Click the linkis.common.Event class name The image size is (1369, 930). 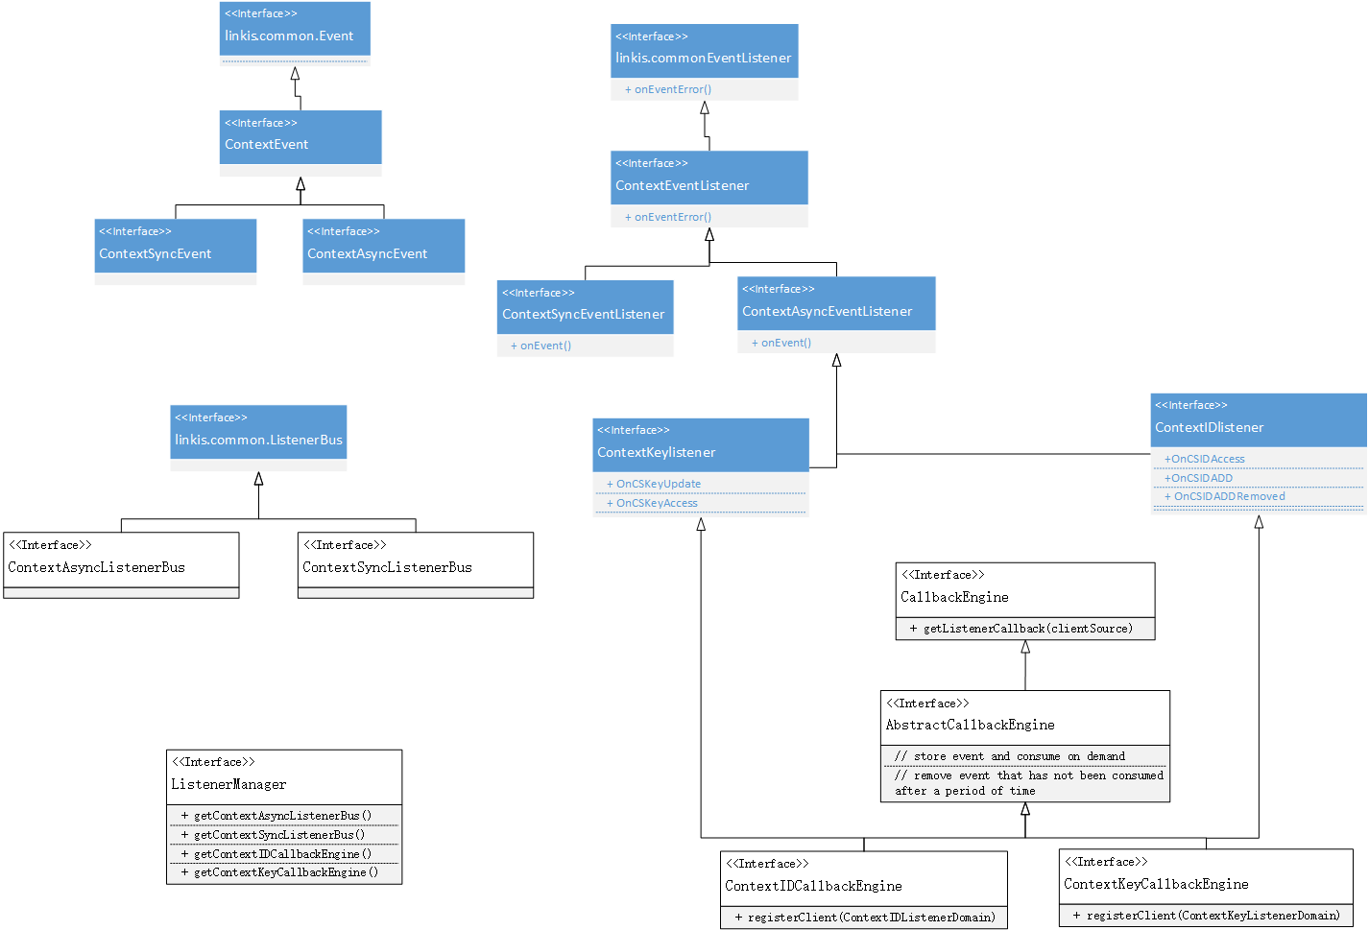[x=289, y=36]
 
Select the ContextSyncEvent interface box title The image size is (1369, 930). [x=155, y=253]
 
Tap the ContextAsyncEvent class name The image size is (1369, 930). [x=367, y=253]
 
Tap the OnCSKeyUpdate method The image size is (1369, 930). [x=658, y=484]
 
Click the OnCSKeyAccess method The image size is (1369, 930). [x=657, y=503]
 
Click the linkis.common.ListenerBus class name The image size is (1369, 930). [x=258, y=440]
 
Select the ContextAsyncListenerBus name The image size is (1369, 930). [x=96, y=567]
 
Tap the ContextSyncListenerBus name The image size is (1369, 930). [x=387, y=567]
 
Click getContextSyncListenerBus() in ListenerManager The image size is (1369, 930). [x=278, y=835]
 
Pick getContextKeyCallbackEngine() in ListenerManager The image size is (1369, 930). [x=285, y=872]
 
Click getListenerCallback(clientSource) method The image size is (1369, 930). [x=1027, y=629]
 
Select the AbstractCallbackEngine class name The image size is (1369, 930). [x=970, y=725]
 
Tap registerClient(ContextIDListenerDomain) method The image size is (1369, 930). [x=871, y=918]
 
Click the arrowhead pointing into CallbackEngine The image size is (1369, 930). [x=1025, y=647]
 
